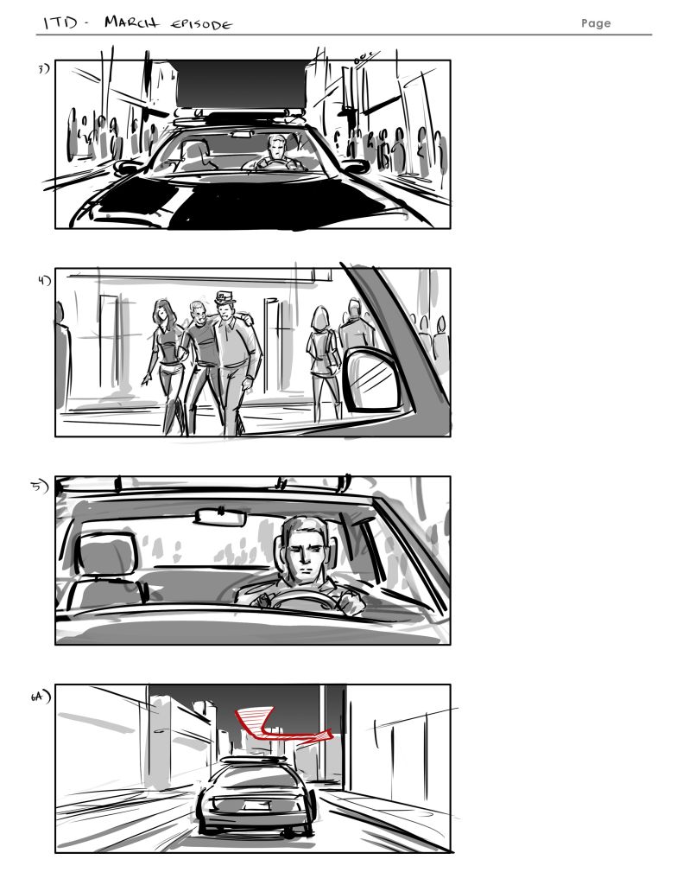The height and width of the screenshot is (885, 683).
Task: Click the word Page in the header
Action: pos(596,23)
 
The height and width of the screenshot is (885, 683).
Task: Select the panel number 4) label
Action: pos(44,280)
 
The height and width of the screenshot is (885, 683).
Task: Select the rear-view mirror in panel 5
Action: pos(221,516)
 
